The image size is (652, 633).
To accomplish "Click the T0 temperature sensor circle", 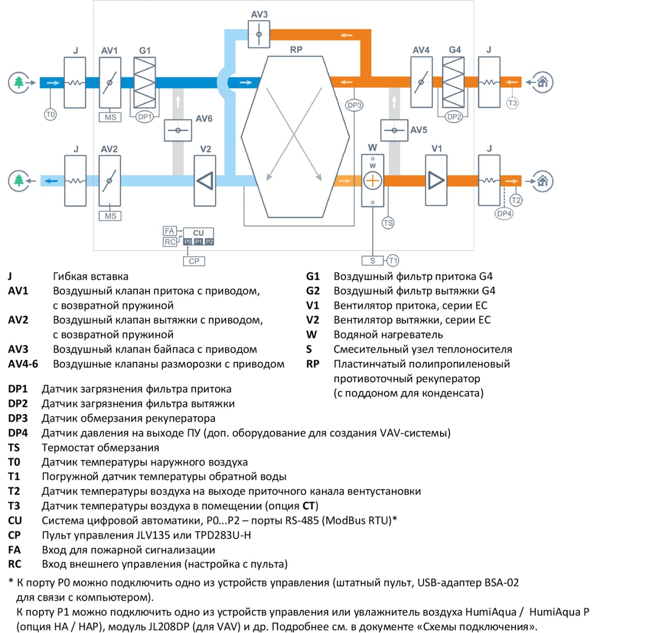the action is coord(50,115).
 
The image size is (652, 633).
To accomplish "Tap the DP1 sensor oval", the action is coord(144,117).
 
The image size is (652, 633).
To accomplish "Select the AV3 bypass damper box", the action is coord(258,34).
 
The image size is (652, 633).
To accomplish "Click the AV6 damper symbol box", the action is coord(178,130).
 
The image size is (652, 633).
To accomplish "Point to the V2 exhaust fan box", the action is coord(205,181).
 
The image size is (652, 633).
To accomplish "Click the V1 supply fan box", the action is coord(436,180).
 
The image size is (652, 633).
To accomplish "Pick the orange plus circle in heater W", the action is coord(372,181).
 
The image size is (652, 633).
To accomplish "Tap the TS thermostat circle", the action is coord(388,223).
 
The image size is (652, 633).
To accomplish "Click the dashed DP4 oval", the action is coord(504,213).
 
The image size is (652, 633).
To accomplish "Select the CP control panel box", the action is coord(194,261).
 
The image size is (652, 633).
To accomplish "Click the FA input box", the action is coord(170,231).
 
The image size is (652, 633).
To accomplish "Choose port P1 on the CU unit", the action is coord(199,242).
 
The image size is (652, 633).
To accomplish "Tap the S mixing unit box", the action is coord(373,260).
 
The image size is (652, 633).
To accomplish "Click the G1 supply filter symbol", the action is coord(144,82).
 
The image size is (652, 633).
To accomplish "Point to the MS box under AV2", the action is coord(110,216).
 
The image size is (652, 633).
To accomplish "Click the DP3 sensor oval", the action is coord(354,105).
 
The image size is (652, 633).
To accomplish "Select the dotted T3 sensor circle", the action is coord(512,103).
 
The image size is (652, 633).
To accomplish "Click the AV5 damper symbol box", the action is coord(394,130).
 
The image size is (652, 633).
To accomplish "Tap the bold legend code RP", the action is coord(312,364).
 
